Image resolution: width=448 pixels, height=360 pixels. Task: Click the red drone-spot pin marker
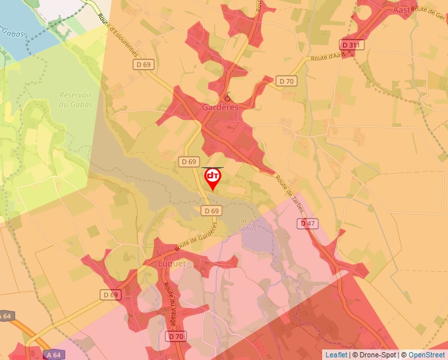(x=213, y=178)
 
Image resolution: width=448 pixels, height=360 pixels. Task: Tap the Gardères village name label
(x=220, y=107)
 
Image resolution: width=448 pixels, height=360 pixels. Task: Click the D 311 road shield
(x=352, y=45)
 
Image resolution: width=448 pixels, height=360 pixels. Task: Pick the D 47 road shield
(x=308, y=224)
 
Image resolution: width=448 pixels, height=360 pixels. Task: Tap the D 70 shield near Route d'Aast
(x=286, y=81)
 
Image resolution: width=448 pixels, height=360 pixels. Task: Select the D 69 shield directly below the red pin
(x=211, y=211)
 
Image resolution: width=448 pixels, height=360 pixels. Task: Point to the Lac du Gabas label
(x=248, y=224)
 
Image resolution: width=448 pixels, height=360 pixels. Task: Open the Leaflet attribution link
(x=336, y=355)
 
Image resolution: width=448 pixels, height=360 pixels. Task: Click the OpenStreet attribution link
(x=426, y=355)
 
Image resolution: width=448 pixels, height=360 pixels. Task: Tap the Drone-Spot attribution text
(x=376, y=355)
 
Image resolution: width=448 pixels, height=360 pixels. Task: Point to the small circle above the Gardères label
(x=227, y=98)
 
